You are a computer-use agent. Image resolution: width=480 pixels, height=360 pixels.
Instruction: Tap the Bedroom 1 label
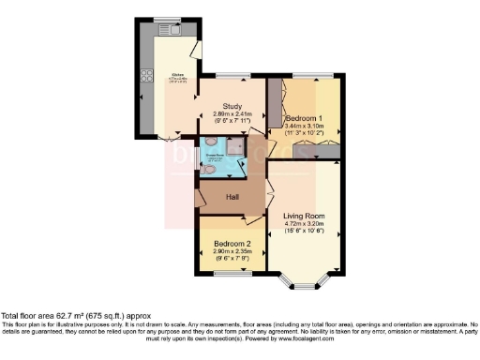[x=306, y=117]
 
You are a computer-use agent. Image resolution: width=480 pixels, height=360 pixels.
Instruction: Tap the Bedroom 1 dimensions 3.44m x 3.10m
[x=306, y=126]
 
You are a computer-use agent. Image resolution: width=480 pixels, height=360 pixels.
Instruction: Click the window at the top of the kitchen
[x=167, y=21]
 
